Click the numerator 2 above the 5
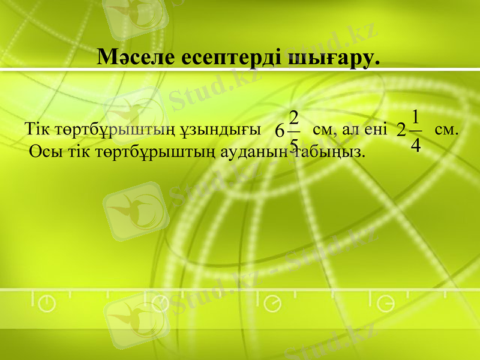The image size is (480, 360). (x=293, y=116)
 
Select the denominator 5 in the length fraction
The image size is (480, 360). (x=293, y=145)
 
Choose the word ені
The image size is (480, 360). (x=374, y=130)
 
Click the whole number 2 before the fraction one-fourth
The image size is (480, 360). (x=401, y=130)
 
